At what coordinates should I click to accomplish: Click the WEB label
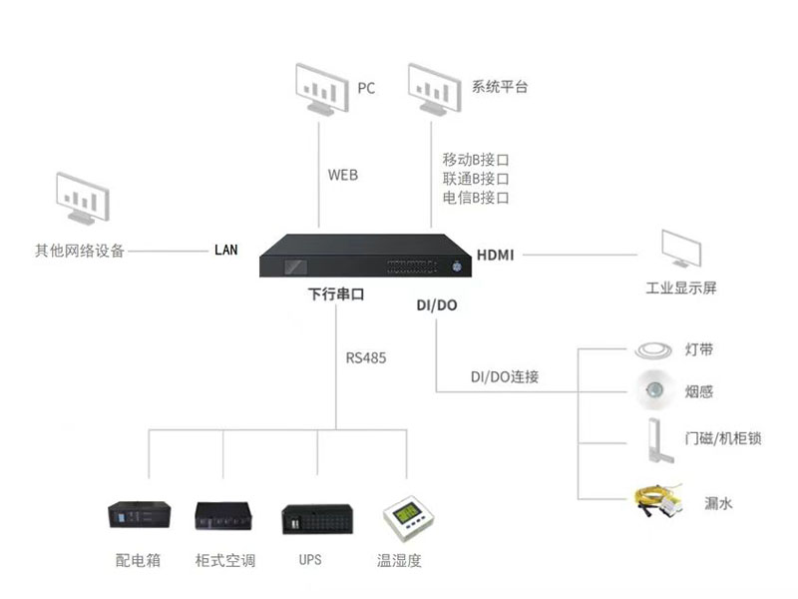pos(342,175)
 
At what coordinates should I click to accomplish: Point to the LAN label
pos(226,250)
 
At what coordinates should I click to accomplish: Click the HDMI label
pos(495,255)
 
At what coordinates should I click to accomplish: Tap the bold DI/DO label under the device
pos(436,304)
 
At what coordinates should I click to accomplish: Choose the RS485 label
pos(366,356)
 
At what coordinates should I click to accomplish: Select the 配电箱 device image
pos(139,516)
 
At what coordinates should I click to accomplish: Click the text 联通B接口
pos(476,179)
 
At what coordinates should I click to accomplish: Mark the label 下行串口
pos(335,296)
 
